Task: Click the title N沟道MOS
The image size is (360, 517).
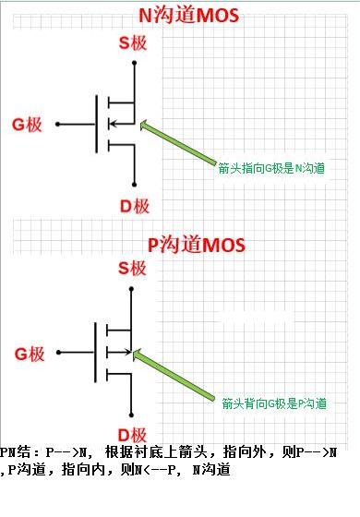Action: (180, 16)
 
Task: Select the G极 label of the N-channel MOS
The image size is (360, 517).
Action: (28, 123)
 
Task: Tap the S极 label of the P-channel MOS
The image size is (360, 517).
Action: (133, 270)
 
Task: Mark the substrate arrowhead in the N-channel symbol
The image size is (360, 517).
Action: (113, 123)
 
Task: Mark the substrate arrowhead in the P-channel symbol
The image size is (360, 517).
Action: (129, 351)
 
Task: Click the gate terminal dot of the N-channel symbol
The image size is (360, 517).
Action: (57, 123)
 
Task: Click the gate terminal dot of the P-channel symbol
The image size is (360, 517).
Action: (57, 352)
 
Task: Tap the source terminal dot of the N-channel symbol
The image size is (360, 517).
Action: (135, 63)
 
